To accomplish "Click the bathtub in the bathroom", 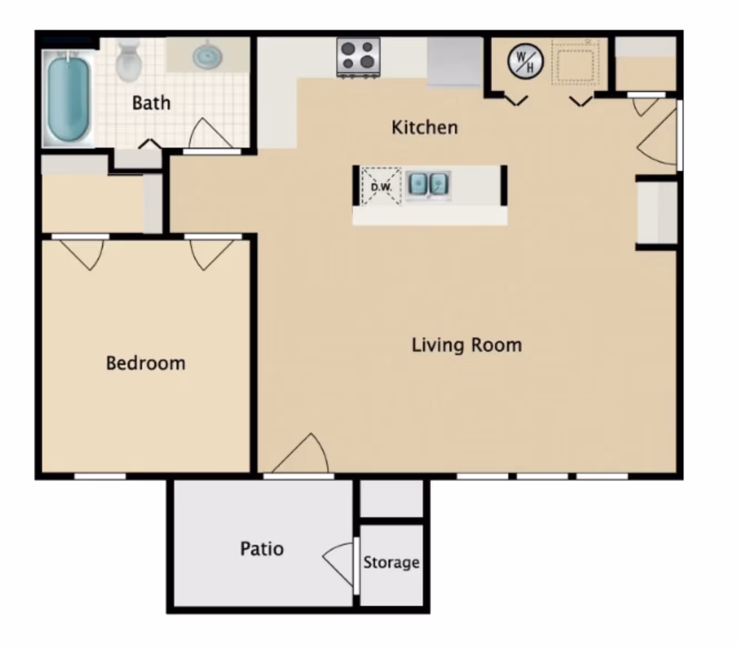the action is click(68, 98).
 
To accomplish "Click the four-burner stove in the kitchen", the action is click(358, 58).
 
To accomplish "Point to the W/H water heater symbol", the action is click(525, 62).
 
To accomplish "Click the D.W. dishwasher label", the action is click(381, 188).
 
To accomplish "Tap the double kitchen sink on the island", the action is click(428, 185).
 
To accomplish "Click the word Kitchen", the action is click(424, 128).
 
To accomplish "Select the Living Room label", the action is click(467, 345).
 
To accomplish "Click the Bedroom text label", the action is click(146, 363).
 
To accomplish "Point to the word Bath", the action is click(151, 103).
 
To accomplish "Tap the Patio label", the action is click(262, 549).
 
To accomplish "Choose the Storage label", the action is click(391, 563).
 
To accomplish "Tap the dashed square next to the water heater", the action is click(575, 63).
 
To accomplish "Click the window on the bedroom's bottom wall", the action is click(100, 476).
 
